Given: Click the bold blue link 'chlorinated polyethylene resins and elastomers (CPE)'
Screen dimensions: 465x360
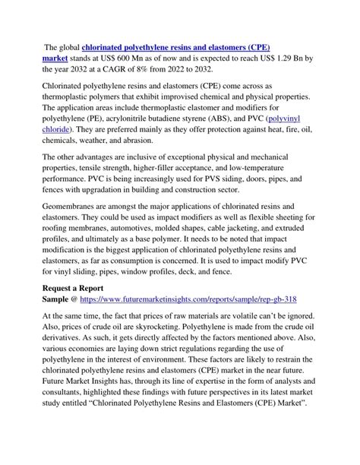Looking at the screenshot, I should tap(182, 46).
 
